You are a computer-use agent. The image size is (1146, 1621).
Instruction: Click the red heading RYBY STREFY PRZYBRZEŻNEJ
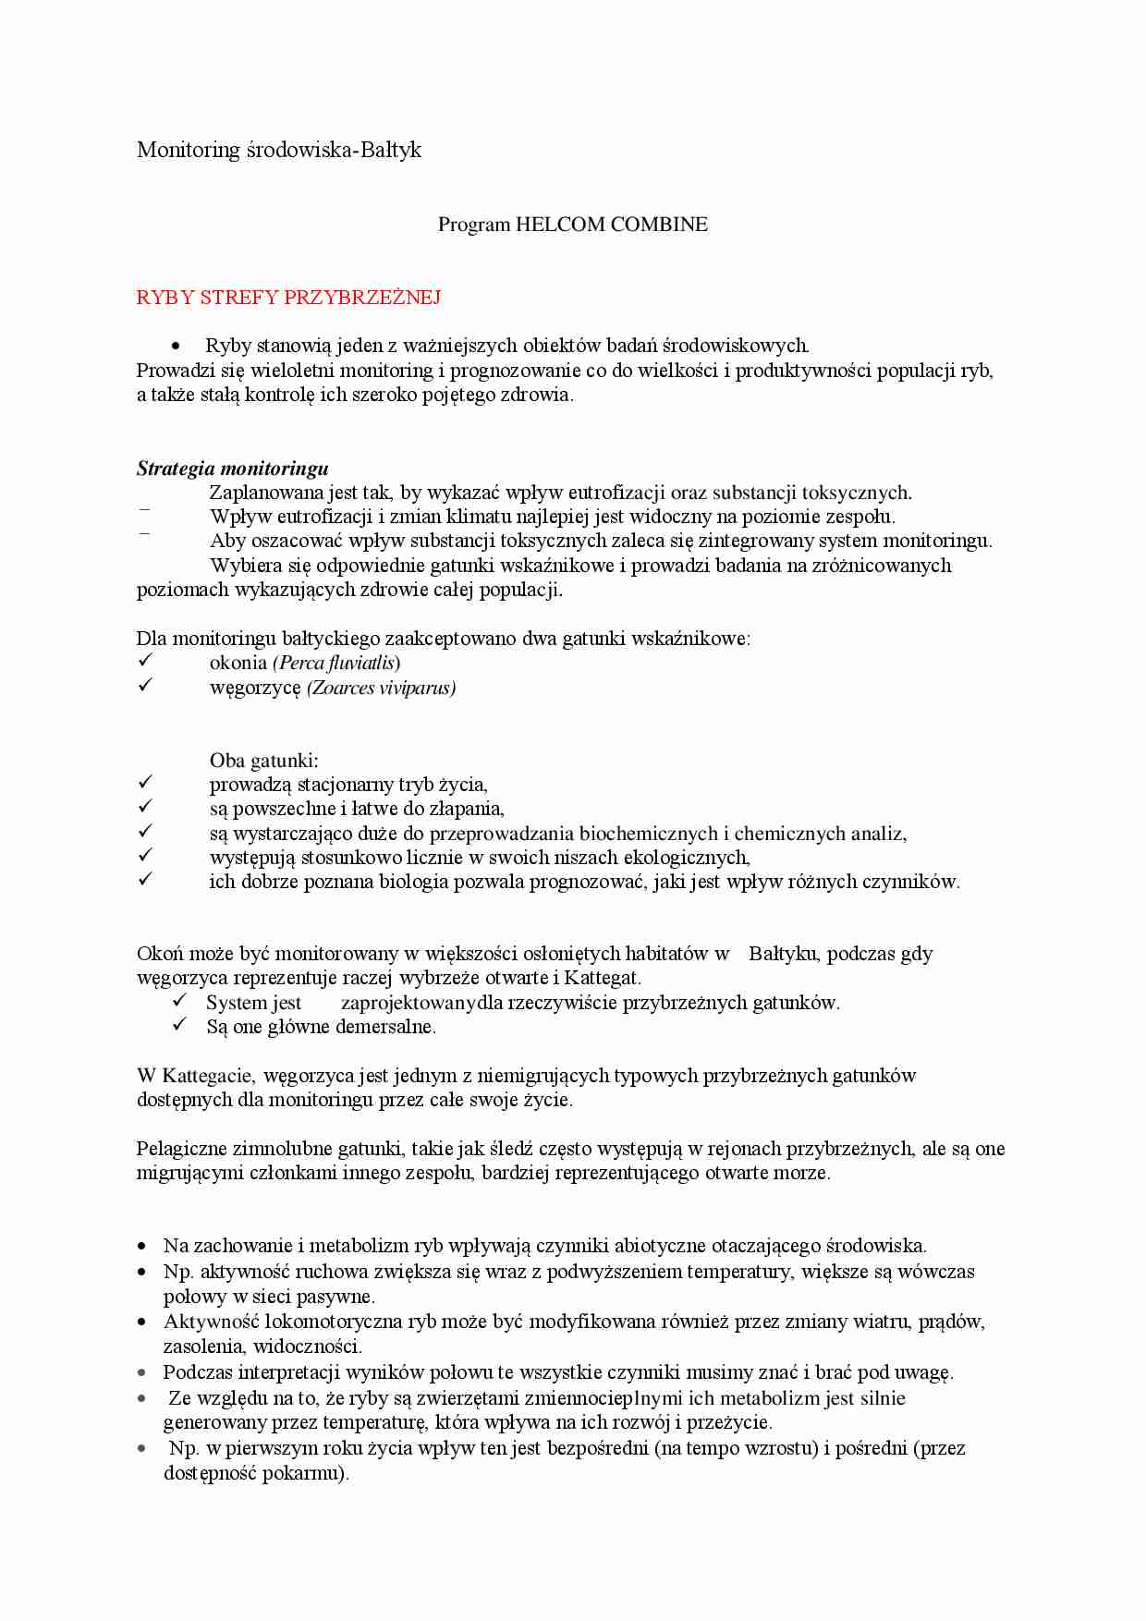coord(288,298)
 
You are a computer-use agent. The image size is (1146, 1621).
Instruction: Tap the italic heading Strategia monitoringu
coord(233,469)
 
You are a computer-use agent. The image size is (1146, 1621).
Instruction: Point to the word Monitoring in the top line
coord(188,150)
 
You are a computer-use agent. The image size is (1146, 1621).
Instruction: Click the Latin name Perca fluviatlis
coord(336,663)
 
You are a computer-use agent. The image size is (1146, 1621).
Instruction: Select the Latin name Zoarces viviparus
coord(382,688)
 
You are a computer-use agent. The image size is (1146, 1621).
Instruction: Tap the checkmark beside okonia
coord(144,662)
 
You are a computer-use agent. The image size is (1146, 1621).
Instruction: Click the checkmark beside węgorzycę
coord(144,686)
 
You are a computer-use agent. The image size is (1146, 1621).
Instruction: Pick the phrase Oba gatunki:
coord(264,761)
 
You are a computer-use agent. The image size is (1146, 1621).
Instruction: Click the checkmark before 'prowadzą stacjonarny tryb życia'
coord(144,784)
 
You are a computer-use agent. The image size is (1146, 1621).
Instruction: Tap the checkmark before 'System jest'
coord(180,1002)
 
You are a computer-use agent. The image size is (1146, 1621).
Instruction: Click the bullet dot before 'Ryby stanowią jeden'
coord(176,347)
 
